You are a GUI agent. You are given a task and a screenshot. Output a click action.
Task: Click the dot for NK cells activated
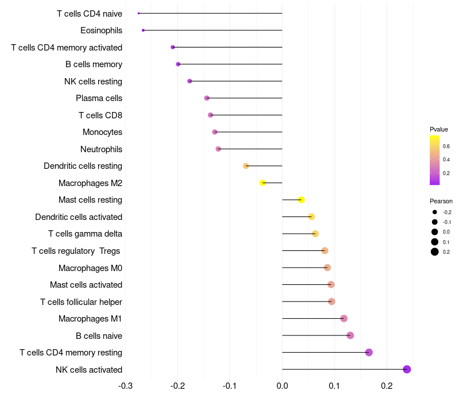coord(407,369)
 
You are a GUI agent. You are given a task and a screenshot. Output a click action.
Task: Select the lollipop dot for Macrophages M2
coord(263,183)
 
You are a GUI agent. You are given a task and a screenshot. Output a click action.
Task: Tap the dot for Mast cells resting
coord(301,200)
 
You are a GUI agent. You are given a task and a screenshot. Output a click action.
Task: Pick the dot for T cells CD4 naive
coord(139,13)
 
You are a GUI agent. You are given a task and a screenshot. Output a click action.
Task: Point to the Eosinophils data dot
coord(143,30)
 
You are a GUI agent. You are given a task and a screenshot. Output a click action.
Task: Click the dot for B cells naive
coord(351,335)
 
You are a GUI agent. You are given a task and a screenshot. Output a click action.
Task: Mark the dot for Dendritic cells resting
coord(246,166)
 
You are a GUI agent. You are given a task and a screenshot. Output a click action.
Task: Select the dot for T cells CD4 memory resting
coord(369,352)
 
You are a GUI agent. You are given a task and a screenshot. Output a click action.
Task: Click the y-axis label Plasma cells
coord(99,98)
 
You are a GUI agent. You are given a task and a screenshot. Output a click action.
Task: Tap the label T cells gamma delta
coord(85,234)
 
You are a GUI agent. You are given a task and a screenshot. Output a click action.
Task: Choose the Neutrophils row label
coord(101,149)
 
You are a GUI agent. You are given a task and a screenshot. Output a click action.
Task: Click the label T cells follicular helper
coord(81,301)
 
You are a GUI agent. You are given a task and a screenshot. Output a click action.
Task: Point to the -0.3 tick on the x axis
coord(125,385)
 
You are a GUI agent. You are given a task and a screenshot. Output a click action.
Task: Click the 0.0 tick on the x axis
coord(282,385)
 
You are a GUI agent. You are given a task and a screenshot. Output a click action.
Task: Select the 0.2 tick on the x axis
coord(387,385)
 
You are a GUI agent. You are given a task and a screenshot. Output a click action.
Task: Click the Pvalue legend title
coord(439,129)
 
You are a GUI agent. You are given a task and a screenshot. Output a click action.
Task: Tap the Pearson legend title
coord(441,201)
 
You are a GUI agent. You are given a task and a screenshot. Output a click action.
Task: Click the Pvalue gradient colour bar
coord(435,160)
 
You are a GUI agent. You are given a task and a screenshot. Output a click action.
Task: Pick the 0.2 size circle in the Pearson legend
coord(435,252)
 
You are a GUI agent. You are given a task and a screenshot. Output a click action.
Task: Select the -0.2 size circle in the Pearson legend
coord(435,212)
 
